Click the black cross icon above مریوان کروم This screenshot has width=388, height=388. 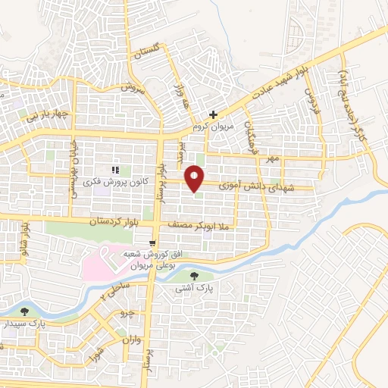point(214,114)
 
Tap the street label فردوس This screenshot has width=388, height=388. point(309,99)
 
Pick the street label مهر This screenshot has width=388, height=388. point(273,159)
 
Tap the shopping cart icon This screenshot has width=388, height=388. point(154,242)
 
